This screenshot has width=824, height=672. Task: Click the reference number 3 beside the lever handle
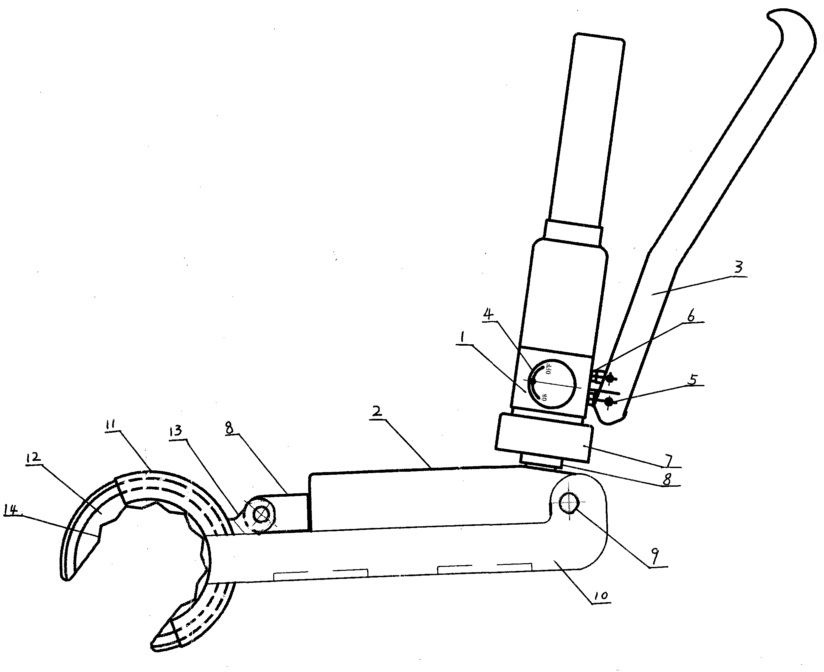[739, 267]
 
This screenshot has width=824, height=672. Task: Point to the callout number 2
[377, 411]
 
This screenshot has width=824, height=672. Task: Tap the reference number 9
[654, 556]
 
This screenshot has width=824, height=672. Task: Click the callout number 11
[113, 424]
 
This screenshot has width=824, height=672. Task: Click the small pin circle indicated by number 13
[260, 514]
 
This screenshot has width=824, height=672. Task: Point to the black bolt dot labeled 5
[609, 402]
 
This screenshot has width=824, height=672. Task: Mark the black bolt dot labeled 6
[611, 378]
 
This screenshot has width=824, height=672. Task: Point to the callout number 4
[489, 314]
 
